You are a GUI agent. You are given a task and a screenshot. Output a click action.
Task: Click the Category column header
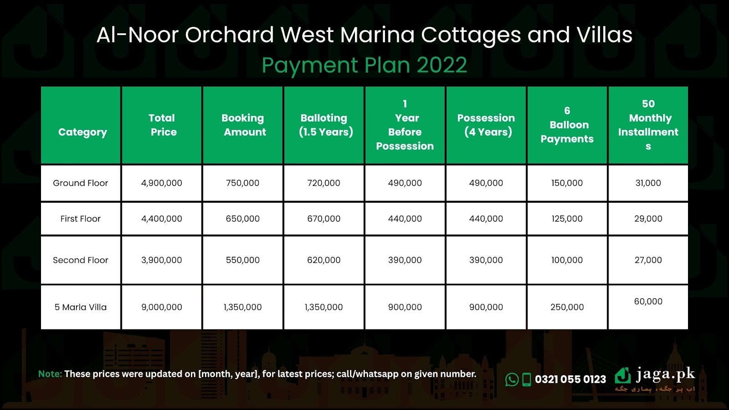[82, 132]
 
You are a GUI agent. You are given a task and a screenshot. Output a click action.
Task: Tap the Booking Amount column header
[243, 125]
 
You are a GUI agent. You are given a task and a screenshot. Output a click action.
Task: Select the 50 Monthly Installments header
[648, 125]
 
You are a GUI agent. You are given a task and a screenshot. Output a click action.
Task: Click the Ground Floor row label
[80, 183]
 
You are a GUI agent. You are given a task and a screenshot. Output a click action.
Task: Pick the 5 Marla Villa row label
[80, 307]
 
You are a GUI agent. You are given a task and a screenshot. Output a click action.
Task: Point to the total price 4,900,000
[161, 183]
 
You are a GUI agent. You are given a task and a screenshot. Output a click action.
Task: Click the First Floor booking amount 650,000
[243, 219]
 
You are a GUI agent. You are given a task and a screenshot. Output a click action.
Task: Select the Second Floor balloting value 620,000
[324, 260]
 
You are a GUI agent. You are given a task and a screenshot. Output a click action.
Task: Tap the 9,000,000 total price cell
[161, 307]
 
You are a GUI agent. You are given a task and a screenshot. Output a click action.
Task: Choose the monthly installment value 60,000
[648, 301]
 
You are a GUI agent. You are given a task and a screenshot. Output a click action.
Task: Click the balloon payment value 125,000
[567, 219]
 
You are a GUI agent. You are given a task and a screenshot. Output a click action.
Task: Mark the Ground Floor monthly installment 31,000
[648, 183]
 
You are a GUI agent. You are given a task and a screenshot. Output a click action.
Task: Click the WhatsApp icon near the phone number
[512, 380]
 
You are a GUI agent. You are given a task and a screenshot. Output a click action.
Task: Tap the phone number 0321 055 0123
[570, 379]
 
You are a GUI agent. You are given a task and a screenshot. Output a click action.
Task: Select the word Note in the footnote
[50, 374]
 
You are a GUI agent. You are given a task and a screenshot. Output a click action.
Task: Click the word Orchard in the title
[230, 35]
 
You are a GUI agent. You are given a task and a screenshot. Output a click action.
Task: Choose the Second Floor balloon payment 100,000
[567, 260]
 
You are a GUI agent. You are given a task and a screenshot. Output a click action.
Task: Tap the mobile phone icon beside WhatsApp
[527, 380]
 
